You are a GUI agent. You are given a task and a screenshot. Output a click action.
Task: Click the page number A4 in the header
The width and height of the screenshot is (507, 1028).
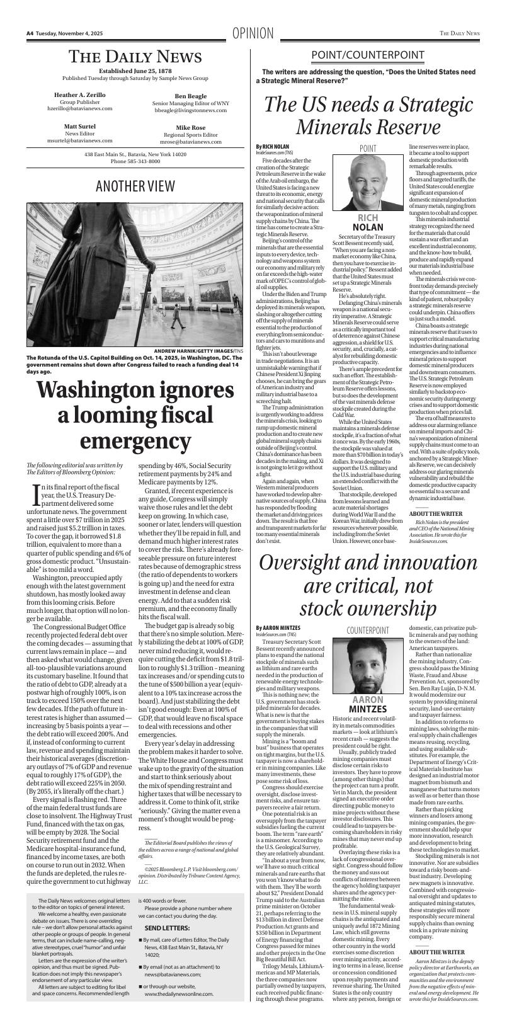coord(30,33)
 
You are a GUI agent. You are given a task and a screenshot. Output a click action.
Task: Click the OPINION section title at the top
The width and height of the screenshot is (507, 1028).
coord(253,33)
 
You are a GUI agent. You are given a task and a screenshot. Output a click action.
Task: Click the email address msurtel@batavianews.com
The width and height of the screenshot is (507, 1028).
coord(80,140)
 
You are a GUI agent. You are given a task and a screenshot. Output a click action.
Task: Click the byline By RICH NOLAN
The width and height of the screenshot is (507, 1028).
coord(272,147)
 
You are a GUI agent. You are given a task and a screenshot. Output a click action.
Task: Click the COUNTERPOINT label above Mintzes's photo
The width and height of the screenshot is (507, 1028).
coord(368,631)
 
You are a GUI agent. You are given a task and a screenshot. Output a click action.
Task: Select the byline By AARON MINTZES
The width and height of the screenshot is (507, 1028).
coord(278,627)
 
